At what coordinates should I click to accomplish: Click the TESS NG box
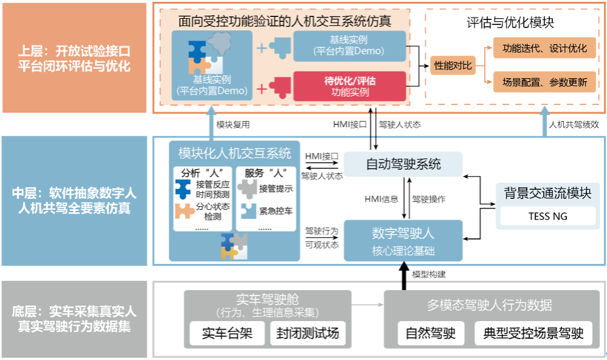(547, 216)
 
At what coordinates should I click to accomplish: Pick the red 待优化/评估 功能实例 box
(350, 86)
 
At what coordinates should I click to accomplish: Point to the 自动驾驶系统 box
(403, 164)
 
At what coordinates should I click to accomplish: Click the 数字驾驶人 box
(403, 240)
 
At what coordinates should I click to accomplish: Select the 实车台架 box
(225, 333)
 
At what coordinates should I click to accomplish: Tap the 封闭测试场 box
(307, 333)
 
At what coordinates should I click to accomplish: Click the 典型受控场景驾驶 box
(533, 333)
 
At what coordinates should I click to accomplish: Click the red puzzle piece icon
(280, 86)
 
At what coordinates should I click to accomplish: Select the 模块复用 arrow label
(233, 125)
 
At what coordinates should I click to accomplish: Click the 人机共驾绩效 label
(574, 125)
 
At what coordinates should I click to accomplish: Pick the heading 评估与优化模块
(510, 23)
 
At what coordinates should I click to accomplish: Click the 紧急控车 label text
(276, 211)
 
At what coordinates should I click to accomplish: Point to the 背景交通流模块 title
(547, 193)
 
